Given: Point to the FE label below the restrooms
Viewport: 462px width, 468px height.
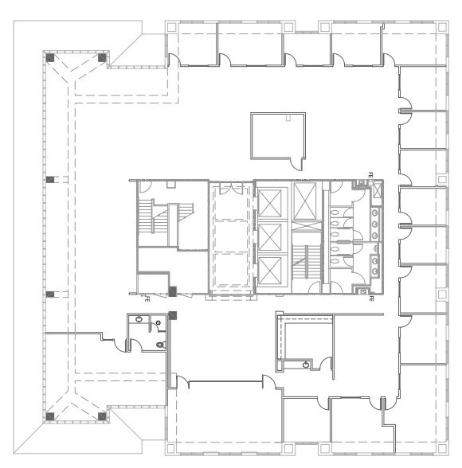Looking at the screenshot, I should click(x=371, y=298).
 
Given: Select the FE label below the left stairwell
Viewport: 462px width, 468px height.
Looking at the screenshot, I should click(x=147, y=299).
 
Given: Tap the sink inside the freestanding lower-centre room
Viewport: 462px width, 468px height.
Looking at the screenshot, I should click(x=307, y=364).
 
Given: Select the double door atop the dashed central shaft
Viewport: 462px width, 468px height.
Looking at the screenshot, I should click(x=232, y=189).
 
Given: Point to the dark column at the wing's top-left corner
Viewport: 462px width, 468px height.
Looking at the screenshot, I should click(x=49, y=57).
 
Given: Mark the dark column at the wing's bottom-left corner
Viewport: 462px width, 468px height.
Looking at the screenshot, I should click(x=49, y=414).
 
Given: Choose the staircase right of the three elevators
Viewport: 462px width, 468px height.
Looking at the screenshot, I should click(x=304, y=256).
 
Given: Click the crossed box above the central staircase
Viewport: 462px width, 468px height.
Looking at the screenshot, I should click(x=304, y=202).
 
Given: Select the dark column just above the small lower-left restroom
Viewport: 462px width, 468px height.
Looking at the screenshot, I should click(x=172, y=312).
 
